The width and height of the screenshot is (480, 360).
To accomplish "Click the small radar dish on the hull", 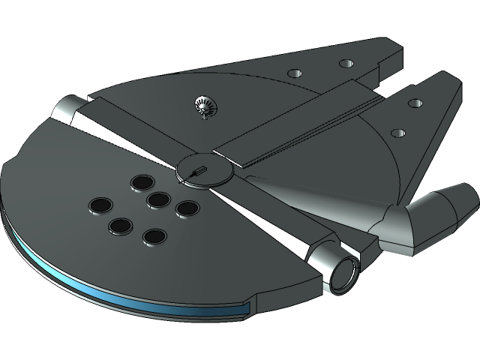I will coord(204,107).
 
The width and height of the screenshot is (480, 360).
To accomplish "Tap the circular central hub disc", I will coord(202,170).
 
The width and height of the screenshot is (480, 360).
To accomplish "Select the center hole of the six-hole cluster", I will coord(157,199).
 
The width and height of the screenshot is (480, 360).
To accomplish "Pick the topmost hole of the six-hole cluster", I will coord(140,181).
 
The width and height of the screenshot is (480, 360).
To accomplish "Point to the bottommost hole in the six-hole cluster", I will coord(154,237).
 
